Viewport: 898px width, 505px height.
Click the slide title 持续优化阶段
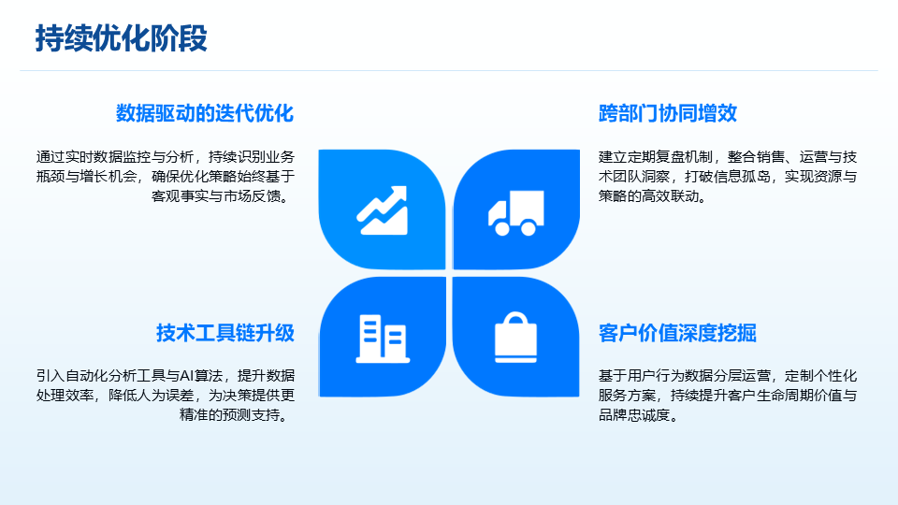[122, 38]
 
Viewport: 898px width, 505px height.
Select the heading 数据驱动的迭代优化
[205, 113]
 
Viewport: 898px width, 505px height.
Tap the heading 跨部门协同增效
[668, 113]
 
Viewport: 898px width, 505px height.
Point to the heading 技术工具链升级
[225, 333]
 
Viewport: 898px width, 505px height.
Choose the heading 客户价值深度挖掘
[677, 333]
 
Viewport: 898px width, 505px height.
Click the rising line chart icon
[382, 210]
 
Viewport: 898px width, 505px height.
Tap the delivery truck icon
[516, 213]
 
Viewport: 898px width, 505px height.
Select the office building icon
[383, 339]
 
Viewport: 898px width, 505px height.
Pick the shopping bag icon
[516, 338]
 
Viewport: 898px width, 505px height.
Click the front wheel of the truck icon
[502, 228]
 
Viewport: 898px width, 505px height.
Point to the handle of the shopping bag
[516, 318]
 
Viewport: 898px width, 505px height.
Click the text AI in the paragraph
[186, 376]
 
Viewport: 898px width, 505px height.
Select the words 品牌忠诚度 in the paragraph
[634, 415]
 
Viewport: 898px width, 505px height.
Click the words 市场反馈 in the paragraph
[252, 195]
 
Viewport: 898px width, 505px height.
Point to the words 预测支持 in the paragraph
[252, 415]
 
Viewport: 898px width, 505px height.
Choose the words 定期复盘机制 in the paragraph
[670, 157]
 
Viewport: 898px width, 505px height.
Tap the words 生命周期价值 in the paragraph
[800, 396]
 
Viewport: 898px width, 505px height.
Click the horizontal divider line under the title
[449, 71]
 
